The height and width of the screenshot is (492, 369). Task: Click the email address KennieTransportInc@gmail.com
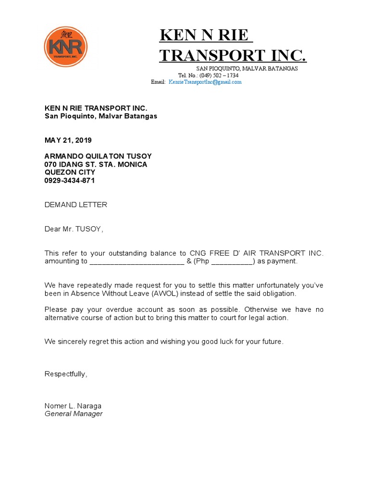[205, 82]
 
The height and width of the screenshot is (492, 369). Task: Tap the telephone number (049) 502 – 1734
[219, 75]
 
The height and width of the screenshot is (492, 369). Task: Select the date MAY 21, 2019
[68, 140]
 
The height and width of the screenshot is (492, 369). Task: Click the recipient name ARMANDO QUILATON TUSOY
[98, 156]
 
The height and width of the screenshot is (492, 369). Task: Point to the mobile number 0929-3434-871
[70, 181]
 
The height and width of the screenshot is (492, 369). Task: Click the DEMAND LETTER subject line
[76, 205]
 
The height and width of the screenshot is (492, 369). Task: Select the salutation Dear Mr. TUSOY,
[74, 229]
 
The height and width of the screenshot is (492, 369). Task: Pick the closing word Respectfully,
[66, 374]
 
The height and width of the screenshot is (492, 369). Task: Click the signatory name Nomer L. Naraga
[73, 406]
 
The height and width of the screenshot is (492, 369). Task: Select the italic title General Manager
[74, 414]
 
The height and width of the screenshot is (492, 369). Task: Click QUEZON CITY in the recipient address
[70, 172]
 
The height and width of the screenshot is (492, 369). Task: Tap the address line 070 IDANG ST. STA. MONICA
[96, 164]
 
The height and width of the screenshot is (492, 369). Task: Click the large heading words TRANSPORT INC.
[233, 55]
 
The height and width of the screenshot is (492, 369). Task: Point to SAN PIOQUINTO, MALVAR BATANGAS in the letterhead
[246, 69]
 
